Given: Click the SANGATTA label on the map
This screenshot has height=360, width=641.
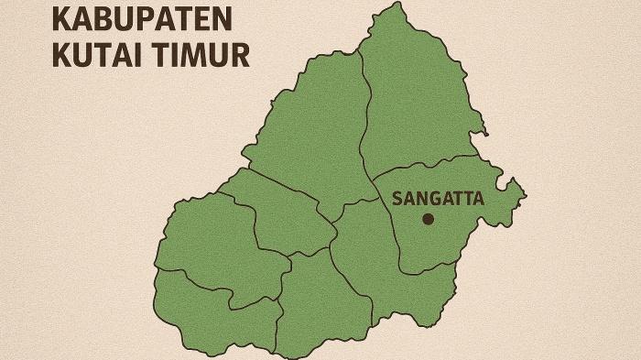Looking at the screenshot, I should (437, 197).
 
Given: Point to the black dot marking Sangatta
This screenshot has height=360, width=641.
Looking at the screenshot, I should (428, 219).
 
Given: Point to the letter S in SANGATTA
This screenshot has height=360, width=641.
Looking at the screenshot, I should (397, 197).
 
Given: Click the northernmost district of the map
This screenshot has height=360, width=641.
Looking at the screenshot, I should (412, 92).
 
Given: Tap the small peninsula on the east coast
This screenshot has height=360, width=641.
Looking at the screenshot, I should (515, 192).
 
